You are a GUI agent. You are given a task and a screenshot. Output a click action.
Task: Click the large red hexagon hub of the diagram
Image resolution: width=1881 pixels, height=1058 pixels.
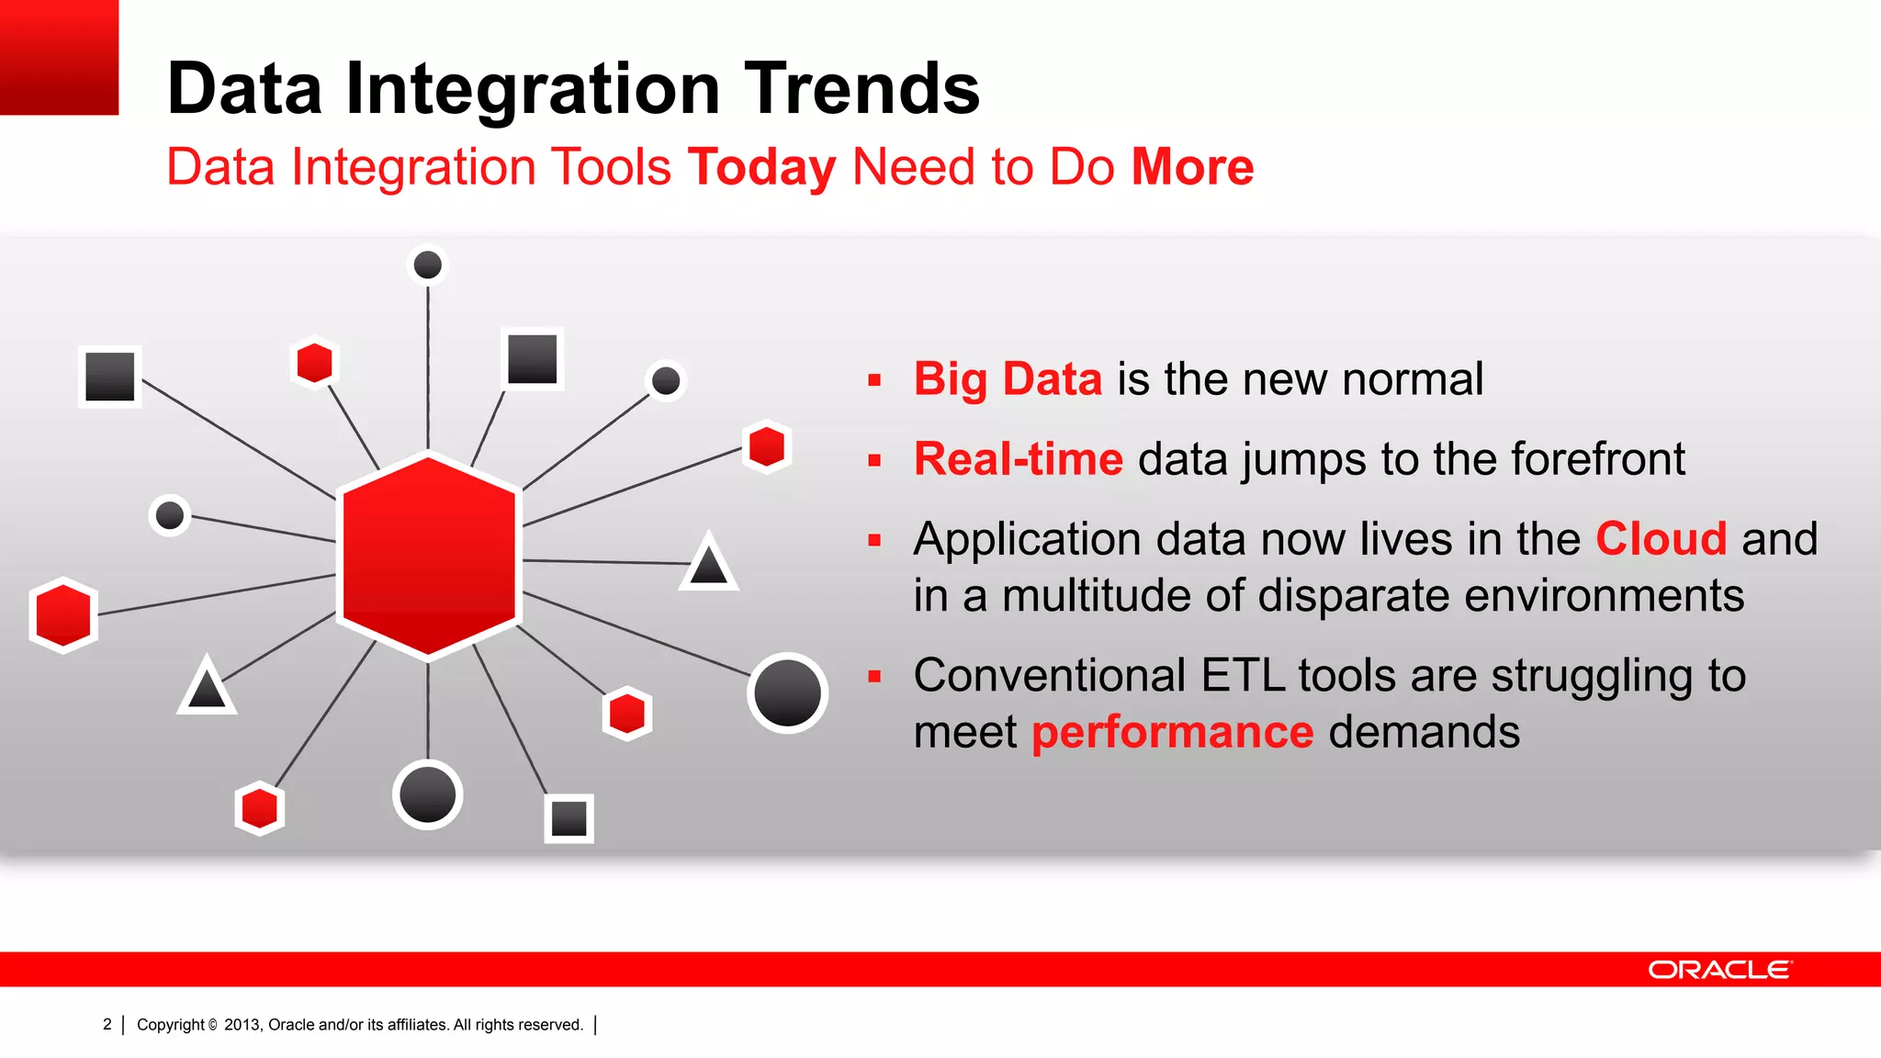tap(429, 556)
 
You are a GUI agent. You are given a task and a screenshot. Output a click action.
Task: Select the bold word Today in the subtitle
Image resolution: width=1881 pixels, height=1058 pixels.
tap(761, 167)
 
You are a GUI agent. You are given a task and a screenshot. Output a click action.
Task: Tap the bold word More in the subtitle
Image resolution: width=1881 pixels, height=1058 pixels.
tap(1192, 167)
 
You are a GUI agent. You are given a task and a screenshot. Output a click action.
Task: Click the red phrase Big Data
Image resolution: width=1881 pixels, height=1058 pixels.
tap(1008, 379)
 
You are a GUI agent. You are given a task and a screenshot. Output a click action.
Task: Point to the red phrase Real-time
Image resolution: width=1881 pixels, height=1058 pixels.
tap(1018, 459)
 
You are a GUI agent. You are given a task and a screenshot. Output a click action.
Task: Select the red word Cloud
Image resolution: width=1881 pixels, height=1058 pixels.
tap(1661, 539)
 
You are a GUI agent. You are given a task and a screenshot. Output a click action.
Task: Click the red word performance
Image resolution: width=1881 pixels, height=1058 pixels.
tap(1172, 733)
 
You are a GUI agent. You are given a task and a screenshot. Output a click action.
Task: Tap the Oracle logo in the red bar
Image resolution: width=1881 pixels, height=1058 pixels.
tap(1719, 970)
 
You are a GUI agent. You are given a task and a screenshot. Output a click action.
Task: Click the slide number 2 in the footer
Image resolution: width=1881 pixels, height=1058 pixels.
tap(107, 1024)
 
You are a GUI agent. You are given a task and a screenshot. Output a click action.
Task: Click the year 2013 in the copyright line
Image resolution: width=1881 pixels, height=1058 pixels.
tap(242, 1025)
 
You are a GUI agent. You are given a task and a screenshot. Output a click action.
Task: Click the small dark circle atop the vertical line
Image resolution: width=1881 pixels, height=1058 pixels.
tap(428, 265)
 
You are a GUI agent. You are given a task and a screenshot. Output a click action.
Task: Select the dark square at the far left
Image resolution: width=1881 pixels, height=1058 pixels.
tap(110, 377)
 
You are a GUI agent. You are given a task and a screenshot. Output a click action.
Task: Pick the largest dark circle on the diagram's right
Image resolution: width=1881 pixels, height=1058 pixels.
tap(787, 693)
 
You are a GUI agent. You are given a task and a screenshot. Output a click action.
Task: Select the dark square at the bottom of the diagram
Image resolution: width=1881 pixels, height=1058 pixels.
tap(569, 818)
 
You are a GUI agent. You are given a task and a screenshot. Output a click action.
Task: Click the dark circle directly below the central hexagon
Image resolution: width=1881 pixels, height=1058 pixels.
tap(428, 794)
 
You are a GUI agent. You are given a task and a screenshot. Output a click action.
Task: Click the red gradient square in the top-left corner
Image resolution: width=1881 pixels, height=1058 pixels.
tap(59, 57)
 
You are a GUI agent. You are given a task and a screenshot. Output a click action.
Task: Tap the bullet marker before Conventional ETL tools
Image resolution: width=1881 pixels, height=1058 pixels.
tap(874, 677)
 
